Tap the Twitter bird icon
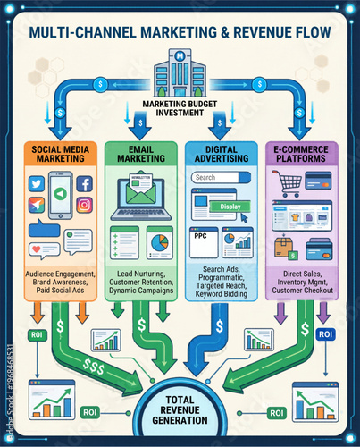point(37,183)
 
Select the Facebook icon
point(84,183)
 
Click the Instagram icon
point(84,205)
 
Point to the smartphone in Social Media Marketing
point(60,195)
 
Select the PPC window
point(203,241)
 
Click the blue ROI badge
point(325,333)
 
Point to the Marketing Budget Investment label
point(180,107)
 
